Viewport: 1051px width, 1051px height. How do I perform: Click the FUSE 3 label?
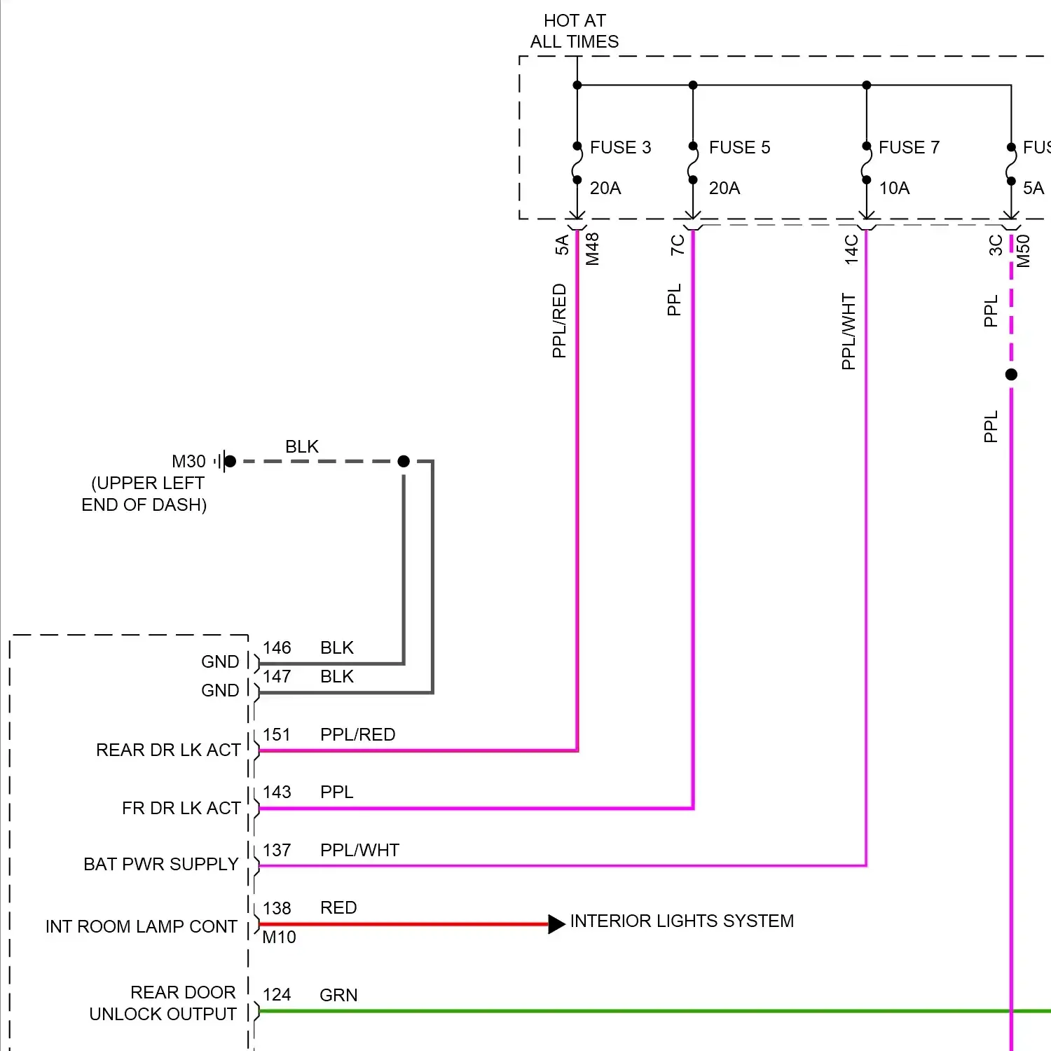[x=620, y=147]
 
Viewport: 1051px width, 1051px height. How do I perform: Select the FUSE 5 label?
[x=739, y=147]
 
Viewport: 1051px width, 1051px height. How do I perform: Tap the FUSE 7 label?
[x=909, y=147]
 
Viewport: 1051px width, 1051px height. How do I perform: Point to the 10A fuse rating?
[x=894, y=188]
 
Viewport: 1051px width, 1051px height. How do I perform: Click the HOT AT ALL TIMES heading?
[x=575, y=32]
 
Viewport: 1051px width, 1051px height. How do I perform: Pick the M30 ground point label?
[x=188, y=462]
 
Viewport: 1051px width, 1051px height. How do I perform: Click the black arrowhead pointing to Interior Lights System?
[x=556, y=924]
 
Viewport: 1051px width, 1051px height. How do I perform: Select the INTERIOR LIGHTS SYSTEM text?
[x=682, y=921]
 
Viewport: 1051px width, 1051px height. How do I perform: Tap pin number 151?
[x=277, y=734]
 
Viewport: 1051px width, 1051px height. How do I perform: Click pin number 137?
[x=277, y=850]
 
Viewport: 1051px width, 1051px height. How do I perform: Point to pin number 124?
[x=277, y=994]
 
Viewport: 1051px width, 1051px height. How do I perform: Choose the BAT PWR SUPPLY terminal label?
[x=161, y=864]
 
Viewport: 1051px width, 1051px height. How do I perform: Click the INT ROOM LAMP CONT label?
[x=142, y=926]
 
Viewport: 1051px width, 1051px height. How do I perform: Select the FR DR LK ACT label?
[x=181, y=808]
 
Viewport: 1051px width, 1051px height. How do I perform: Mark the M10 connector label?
[x=279, y=937]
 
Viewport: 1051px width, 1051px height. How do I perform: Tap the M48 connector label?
[x=593, y=249]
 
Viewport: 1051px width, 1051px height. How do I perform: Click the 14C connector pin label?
[x=851, y=249]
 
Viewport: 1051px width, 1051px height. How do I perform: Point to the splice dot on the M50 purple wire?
[x=1011, y=375]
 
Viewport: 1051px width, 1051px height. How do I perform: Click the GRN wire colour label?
[x=338, y=995]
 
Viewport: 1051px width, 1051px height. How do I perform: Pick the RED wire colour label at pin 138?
[x=338, y=907]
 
